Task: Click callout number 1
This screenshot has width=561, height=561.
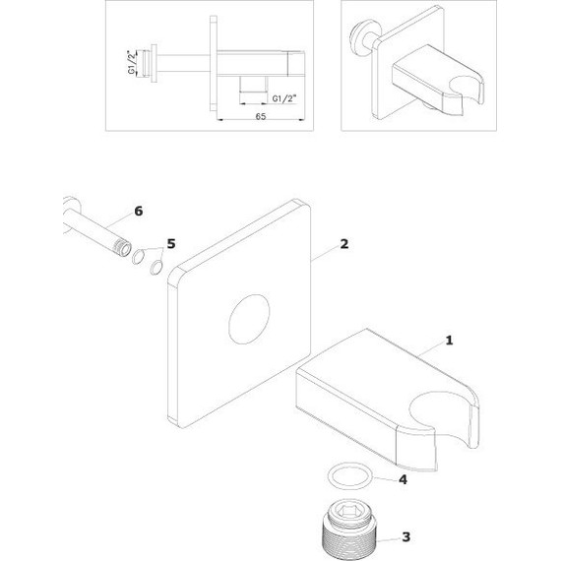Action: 449,341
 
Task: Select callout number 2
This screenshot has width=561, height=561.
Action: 343,244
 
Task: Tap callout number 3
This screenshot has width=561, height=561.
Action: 405,537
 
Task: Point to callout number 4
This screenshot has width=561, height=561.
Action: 403,479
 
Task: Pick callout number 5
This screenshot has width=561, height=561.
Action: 171,244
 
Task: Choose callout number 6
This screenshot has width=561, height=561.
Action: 139,211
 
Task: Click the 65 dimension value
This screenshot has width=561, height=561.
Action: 261,116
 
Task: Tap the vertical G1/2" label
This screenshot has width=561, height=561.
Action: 132,62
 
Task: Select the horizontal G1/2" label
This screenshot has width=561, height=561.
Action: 284,98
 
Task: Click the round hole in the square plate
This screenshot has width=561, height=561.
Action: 249,320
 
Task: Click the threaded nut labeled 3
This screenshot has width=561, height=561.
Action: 348,528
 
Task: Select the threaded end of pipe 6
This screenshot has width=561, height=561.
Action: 122,247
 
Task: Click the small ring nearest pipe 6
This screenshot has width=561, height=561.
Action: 138,258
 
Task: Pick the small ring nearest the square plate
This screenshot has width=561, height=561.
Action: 156,268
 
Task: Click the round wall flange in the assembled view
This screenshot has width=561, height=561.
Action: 358,37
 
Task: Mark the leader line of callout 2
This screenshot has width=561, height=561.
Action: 325,254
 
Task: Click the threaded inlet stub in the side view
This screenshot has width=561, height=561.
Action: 147,63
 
